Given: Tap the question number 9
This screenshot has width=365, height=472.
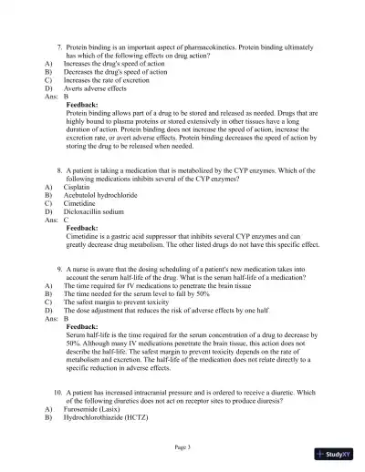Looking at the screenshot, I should (59, 270).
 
